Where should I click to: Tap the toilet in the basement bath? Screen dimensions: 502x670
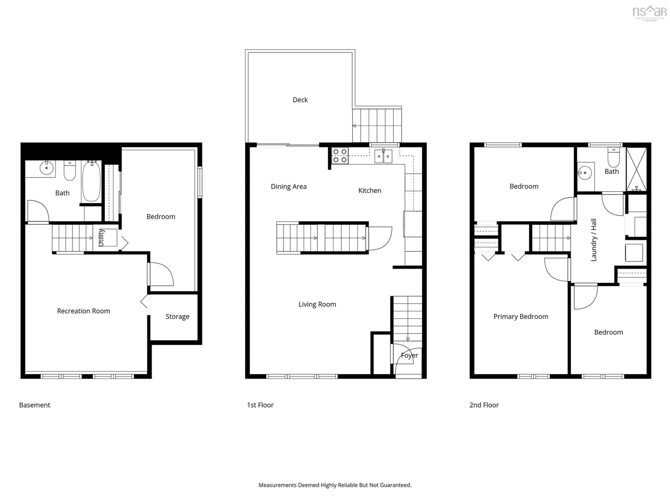(70, 171)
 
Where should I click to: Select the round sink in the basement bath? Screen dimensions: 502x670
(47, 168)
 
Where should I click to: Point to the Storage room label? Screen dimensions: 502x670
(177, 317)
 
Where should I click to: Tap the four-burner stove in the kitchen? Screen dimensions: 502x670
(340, 155)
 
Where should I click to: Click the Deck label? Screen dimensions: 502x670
(300, 100)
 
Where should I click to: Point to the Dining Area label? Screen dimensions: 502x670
(288, 187)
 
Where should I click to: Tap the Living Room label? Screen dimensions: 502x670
(317, 304)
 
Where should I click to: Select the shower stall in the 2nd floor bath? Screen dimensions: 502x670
(636, 169)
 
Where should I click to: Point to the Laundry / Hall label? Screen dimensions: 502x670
(594, 240)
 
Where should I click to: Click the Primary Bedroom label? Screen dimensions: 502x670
(521, 317)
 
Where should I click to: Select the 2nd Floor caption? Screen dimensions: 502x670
(484, 405)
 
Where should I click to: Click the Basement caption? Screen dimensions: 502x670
(35, 405)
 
